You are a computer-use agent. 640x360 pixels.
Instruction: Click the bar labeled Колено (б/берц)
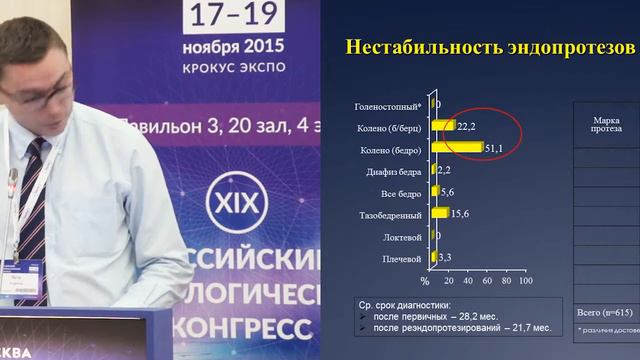pyautogui.click(x=442, y=127)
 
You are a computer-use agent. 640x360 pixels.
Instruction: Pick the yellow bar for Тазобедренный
pyautogui.click(x=438, y=213)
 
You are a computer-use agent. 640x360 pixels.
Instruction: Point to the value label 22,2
pyautogui.click(x=466, y=127)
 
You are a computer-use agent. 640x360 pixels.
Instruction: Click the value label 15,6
pyautogui.click(x=460, y=213)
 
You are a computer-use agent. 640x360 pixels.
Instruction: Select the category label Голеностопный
pyautogui.click(x=389, y=105)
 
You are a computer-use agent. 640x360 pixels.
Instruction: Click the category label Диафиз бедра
pyautogui.click(x=396, y=171)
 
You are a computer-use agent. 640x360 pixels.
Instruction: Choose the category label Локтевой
pyautogui.click(x=403, y=236)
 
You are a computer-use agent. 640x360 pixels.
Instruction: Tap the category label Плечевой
pyautogui.click(x=402, y=257)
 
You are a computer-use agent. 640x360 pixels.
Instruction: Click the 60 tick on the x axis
pyautogui.click(x=485, y=281)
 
